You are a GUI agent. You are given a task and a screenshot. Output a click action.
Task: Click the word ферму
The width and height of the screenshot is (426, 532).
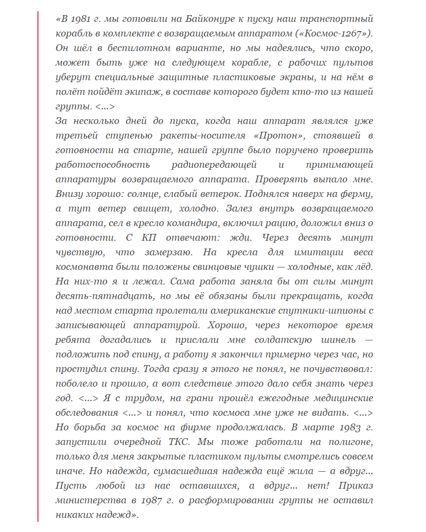click(x=355, y=194)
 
